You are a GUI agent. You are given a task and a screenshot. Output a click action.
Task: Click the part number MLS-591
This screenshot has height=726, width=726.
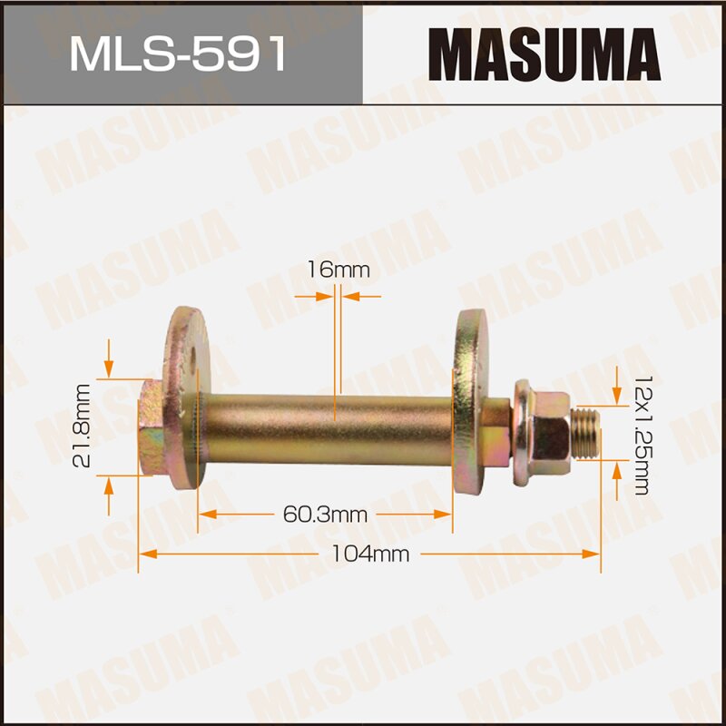179,54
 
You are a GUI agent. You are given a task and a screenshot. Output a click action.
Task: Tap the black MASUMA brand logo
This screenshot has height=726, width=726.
544,54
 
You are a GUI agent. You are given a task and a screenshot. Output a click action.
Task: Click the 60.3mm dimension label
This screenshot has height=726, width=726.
324,515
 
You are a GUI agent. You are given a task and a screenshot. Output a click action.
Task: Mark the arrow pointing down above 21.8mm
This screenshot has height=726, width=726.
109,368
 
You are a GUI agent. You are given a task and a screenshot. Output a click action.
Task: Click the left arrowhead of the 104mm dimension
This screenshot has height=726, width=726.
146,554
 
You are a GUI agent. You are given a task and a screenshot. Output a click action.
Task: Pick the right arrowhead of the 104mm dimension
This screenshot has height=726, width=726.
594,554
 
